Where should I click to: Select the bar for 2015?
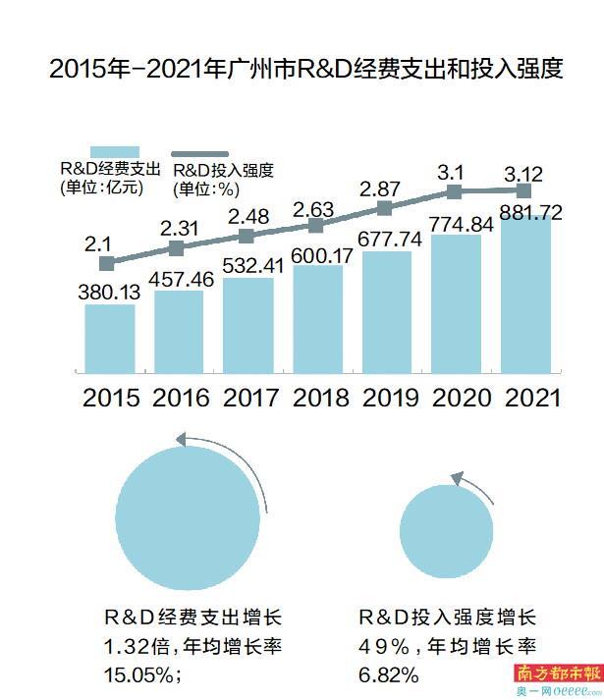109,338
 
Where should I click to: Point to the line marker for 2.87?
385,208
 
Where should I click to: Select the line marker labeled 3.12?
525,189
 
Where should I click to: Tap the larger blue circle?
185,516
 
